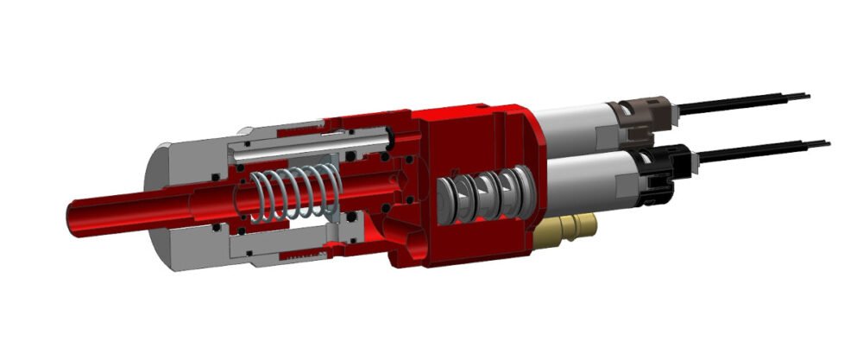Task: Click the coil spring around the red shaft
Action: coord(294,192)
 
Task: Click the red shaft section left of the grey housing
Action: coord(112,214)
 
